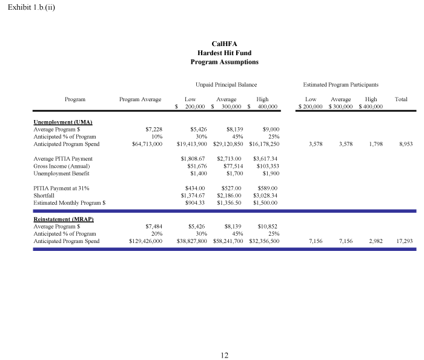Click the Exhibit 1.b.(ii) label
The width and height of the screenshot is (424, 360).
click(x=31, y=8)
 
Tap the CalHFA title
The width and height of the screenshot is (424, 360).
click(x=224, y=44)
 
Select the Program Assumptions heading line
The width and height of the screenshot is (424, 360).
click(x=224, y=62)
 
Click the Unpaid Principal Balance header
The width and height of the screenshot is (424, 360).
click(x=226, y=85)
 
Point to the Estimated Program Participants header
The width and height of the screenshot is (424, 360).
click(x=340, y=85)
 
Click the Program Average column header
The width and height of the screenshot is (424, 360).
click(x=140, y=99)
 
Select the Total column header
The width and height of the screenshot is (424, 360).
click(x=401, y=99)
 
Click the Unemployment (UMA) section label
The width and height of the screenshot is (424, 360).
click(x=62, y=122)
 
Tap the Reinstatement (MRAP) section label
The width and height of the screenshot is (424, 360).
click(x=64, y=218)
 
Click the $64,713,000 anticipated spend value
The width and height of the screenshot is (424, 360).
click(x=147, y=144)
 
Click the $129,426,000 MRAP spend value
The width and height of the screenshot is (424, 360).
click(x=146, y=241)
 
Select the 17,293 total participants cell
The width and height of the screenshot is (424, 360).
click(x=404, y=241)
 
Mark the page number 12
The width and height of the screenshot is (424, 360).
click(x=224, y=355)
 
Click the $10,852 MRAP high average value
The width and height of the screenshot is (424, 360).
click(x=267, y=226)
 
